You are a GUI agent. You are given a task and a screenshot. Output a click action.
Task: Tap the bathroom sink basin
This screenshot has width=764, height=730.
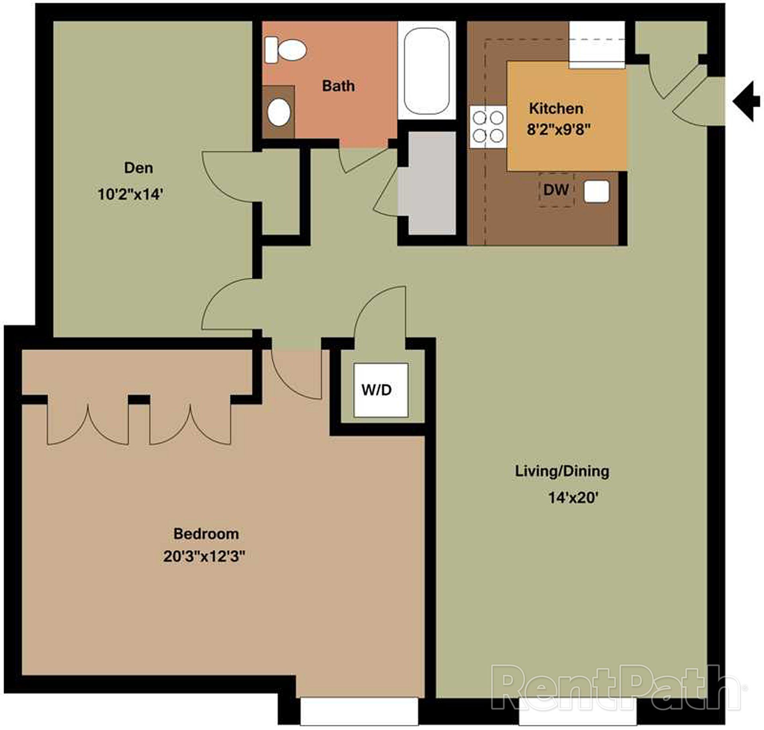coord(279,113)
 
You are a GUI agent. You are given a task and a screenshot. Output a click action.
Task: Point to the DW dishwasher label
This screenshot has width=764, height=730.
coord(556,190)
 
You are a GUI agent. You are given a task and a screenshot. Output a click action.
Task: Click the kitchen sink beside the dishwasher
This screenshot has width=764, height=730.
coord(596,191)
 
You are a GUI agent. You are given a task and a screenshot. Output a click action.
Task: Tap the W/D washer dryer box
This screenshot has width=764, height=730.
coord(381,390)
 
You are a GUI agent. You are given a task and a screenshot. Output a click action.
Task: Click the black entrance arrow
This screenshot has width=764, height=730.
coord(746,101)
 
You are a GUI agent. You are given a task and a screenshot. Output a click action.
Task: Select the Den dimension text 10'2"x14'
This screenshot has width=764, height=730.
coord(131,194)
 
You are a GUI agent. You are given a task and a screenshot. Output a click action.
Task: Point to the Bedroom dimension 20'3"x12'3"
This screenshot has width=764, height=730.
coord(203,556)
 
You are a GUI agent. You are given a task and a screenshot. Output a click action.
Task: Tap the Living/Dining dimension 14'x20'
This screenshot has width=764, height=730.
coord(573,498)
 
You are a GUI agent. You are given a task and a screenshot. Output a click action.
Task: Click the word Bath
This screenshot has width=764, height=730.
coord(338,86)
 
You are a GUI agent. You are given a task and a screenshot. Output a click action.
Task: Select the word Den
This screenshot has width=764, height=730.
coord(138,168)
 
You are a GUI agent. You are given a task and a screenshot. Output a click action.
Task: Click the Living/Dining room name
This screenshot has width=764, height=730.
coord(562,471)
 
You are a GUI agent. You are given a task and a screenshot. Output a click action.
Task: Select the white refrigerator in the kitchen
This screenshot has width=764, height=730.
coord(596,45)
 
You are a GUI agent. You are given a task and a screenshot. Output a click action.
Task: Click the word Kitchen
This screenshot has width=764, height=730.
coord(556,108)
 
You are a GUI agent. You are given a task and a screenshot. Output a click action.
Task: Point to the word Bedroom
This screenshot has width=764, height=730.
coord(206,534)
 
